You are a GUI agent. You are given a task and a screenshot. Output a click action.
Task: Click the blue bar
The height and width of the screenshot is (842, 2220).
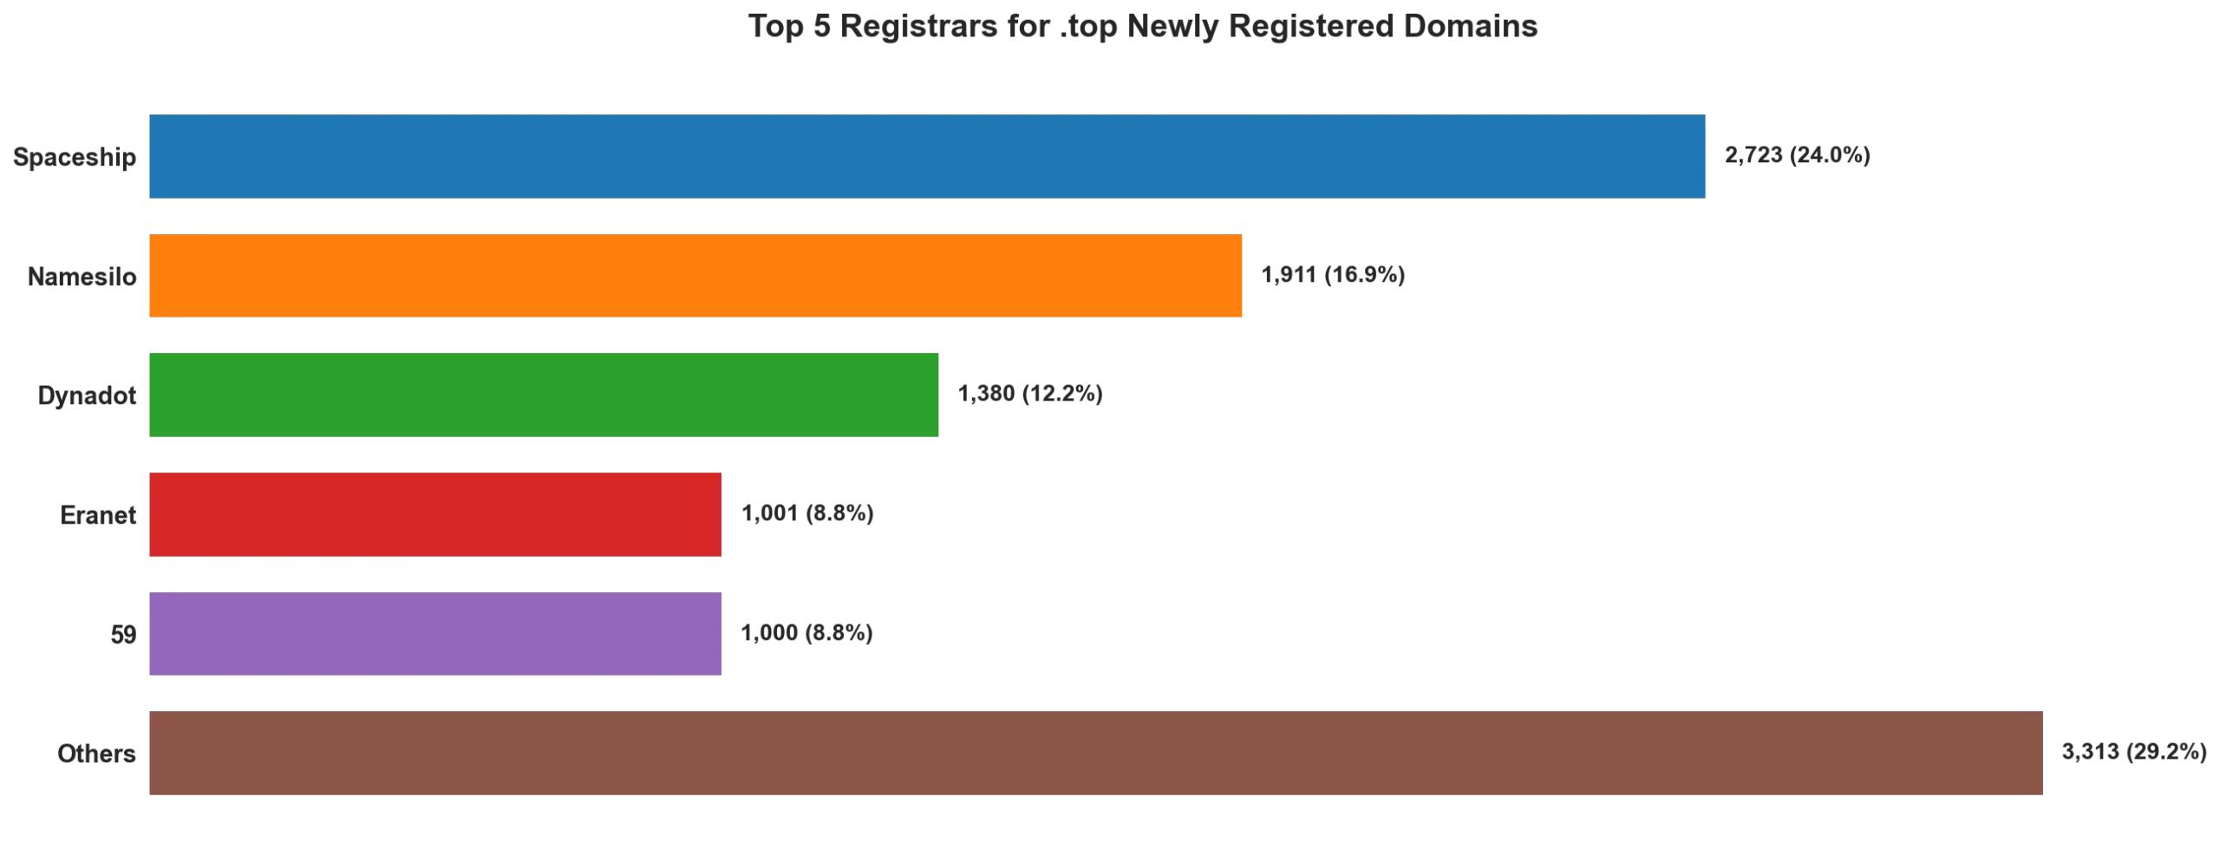tap(926, 156)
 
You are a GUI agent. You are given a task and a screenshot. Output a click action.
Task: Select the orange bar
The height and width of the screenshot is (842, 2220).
tap(697, 275)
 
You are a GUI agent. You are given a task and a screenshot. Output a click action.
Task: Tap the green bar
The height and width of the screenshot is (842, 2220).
tap(545, 393)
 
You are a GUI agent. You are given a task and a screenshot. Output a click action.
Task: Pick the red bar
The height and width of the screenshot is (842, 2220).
tap(434, 515)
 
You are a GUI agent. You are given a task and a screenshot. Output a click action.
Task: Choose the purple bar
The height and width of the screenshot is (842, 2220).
tap(434, 634)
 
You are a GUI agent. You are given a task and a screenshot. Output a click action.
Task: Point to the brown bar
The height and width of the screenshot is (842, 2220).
tap(1096, 752)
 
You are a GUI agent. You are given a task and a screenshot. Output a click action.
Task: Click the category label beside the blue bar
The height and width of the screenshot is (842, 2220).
tap(73, 157)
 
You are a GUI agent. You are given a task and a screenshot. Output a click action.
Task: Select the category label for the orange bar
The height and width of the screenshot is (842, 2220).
tap(83, 277)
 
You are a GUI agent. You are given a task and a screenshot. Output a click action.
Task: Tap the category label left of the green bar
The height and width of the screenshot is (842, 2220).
tap(87, 396)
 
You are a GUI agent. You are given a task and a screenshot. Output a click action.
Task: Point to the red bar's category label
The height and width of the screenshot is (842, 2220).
tap(97, 515)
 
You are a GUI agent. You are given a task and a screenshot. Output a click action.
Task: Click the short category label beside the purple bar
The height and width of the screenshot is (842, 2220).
tap(125, 635)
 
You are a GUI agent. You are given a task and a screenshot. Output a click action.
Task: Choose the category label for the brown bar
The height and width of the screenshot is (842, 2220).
tap(97, 753)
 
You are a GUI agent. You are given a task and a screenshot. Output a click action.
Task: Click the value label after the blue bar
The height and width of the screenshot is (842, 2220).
tap(1796, 157)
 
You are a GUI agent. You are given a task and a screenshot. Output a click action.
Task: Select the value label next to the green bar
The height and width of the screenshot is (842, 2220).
tap(1029, 394)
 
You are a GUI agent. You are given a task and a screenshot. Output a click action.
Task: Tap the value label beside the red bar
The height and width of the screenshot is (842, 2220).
tap(806, 515)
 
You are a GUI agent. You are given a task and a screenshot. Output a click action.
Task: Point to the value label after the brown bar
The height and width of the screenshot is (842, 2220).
tap(2136, 753)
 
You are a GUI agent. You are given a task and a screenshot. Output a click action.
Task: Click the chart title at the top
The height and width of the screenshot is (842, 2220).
tap(1142, 26)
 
